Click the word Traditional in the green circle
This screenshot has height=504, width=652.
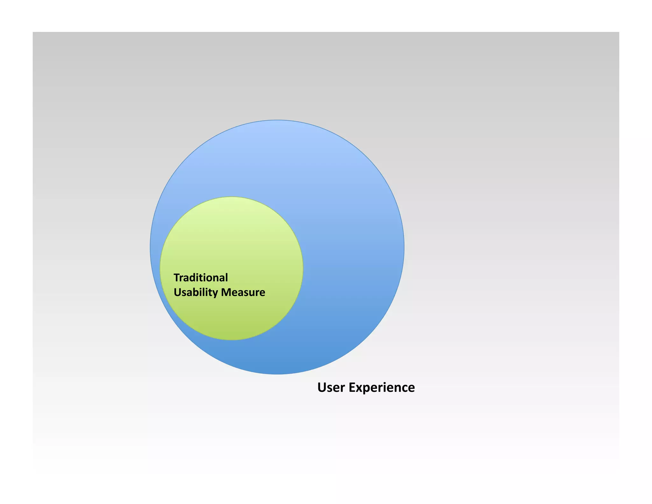(x=201, y=277)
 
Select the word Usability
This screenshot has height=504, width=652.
(x=196, y=292)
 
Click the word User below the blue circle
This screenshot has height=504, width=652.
(x=331, y=387)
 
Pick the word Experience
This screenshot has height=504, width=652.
(x=382, y=387)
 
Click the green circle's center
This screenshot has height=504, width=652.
(x=231, y=268)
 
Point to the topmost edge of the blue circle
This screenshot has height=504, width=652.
(x=277, y=120)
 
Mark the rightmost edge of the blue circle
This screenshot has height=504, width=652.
(x=404, y=247)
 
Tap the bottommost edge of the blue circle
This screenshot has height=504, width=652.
(x=277, y=374)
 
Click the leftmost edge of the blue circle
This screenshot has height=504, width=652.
(x=150, y=247)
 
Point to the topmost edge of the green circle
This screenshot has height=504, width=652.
(x=231, y=197)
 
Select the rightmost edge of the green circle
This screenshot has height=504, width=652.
(x=303, y=268)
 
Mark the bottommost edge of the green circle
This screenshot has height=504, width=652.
(x=231, y=340)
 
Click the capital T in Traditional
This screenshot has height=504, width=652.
(x=176, y=277)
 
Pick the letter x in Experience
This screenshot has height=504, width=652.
(x=359, y=388)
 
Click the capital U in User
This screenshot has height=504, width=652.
(x=322, y=387)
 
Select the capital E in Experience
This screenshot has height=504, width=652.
(x=352, y=387)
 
